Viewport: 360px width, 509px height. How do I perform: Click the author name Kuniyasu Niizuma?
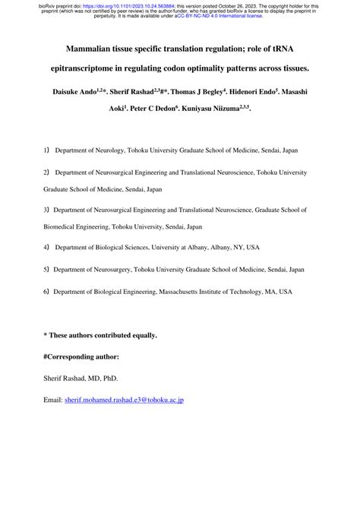(x=219, y=109)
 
